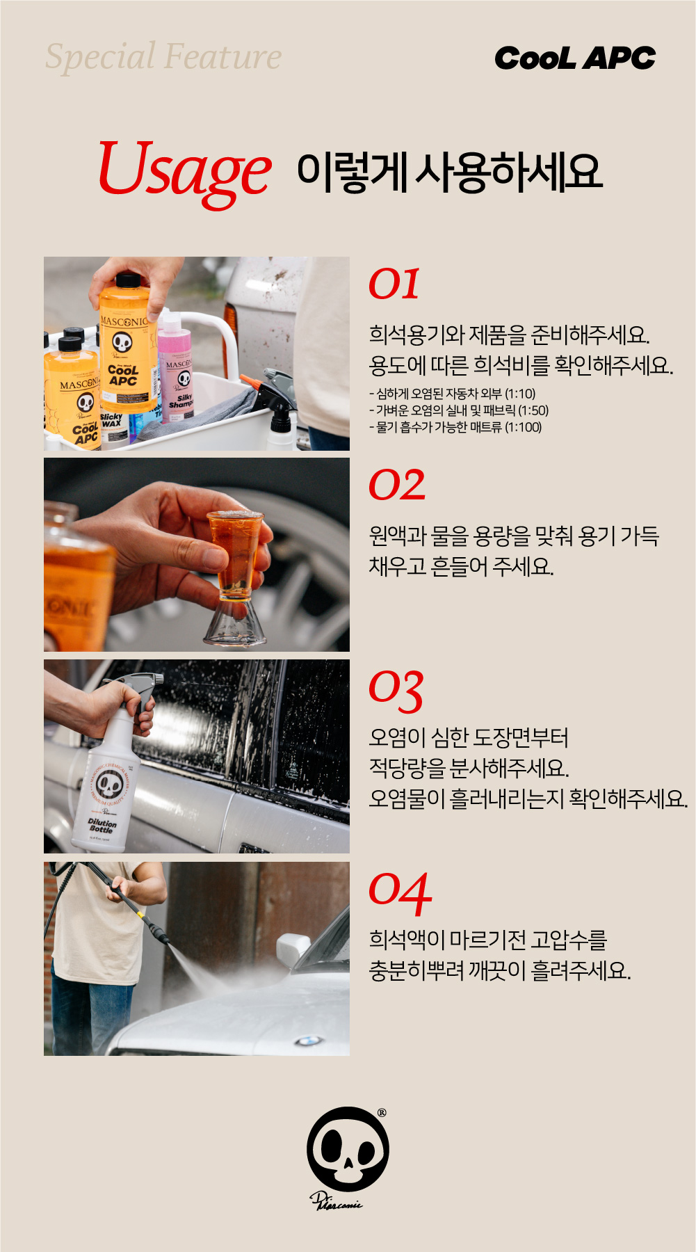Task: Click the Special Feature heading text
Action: pyautogui.click(x=163, y=56)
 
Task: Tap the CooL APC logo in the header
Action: pyautogui.click(x=575, y=58)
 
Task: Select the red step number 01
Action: pyautogui.click(x=394, y=284)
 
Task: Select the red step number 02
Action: pyautogui.click(x=397, y=485)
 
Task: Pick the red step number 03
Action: pyautogui.click(x=396, y=690)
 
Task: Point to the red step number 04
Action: pyautogui.click(x=400, y=893)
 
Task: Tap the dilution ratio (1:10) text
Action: pyautogui.click(x=520, y=394)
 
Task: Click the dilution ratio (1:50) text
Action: pyautogui.click(x=533, y=410)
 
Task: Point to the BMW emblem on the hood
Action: pyautogui.click(x=308, y=1041)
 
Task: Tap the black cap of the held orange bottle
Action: pyautogui.click(x=128, y=280)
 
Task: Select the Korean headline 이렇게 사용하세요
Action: pyautogui.click(x=449, y=172)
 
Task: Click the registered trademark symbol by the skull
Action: pyautogui.click(x=382, y=1113)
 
